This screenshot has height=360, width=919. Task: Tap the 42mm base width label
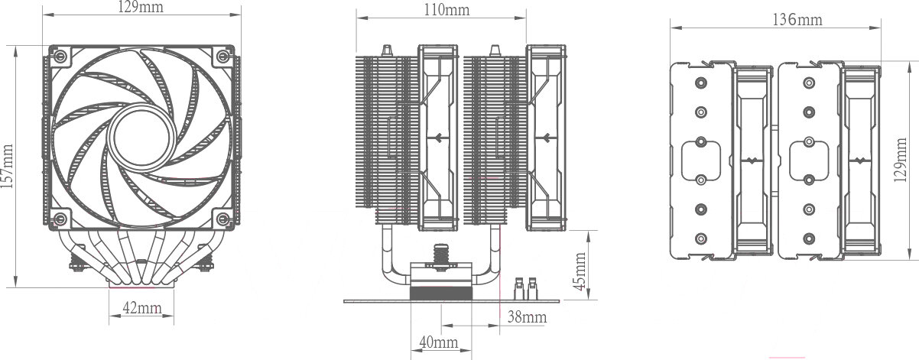coord(142,309)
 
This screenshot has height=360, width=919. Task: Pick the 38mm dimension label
coord(527,316)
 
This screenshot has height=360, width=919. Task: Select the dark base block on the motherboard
coord(440,294)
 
